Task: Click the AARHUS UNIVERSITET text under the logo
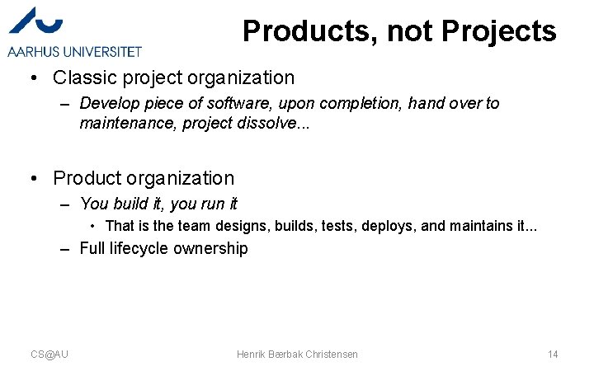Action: pos(75,52)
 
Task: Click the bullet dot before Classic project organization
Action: pos(31,79)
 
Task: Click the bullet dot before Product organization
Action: pos(31,179)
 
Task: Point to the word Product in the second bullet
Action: pos(86,179)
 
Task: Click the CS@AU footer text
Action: pos(49,355)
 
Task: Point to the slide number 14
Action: pos(553,355)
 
